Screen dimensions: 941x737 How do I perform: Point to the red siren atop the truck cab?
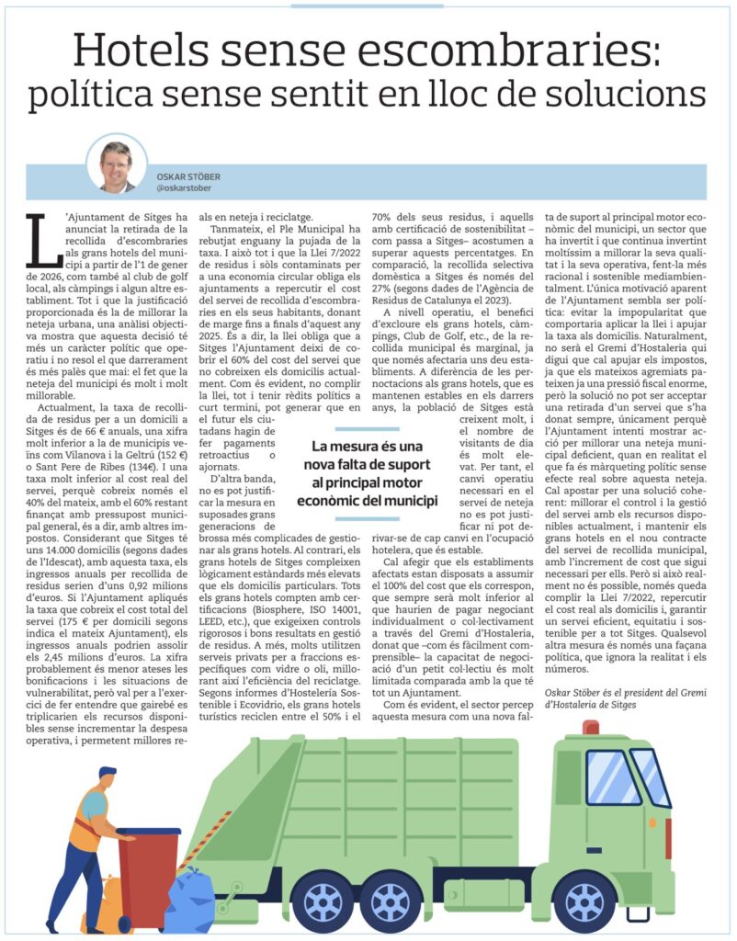tap(590, 727)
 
